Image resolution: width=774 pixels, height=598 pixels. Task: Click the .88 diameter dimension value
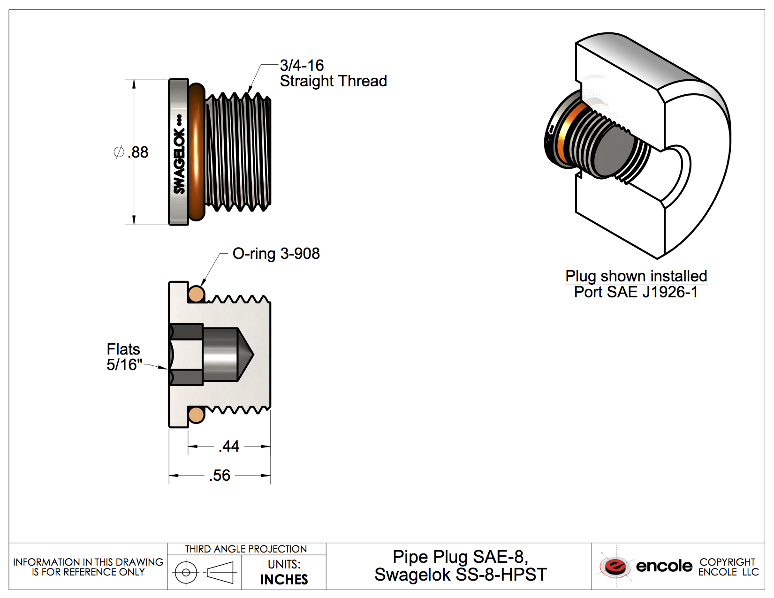(x=138, y=152)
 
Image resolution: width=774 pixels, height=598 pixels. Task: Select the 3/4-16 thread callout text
(x=302, y=65)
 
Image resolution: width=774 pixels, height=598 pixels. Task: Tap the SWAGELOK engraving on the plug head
(x=179, y=155)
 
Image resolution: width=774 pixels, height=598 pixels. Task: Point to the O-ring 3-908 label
(x=276, y=254)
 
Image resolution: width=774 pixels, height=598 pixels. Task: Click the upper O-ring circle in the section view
(x=196, y=294)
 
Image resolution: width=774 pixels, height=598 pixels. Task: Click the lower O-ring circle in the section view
(x=196, y=415)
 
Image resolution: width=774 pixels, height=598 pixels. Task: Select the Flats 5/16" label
(x=124, y=357)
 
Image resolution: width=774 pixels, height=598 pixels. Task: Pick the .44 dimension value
(x=229, y=446)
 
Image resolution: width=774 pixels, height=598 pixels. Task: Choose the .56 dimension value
(x=220, y=476)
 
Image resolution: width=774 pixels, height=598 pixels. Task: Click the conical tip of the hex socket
(x=246, y=354)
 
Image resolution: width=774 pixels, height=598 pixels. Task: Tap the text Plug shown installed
(x=636, y=276)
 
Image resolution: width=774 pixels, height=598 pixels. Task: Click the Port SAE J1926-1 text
(x=636, y=292)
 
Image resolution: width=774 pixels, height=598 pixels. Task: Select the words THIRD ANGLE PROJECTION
(x=246, y=549)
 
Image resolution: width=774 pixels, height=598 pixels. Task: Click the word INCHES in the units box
(x=284, y=580)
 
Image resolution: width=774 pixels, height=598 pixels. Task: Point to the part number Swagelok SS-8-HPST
(x=461, y=575)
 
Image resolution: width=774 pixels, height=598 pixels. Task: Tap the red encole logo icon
(x=615, y=566)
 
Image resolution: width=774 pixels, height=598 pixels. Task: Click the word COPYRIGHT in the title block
(x=727, y=562)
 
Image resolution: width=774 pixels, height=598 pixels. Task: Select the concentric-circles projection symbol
(x=186, y=572)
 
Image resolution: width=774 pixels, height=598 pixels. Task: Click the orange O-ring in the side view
(x=197, y=152)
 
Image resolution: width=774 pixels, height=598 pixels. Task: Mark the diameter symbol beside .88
(x=119, y=152)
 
